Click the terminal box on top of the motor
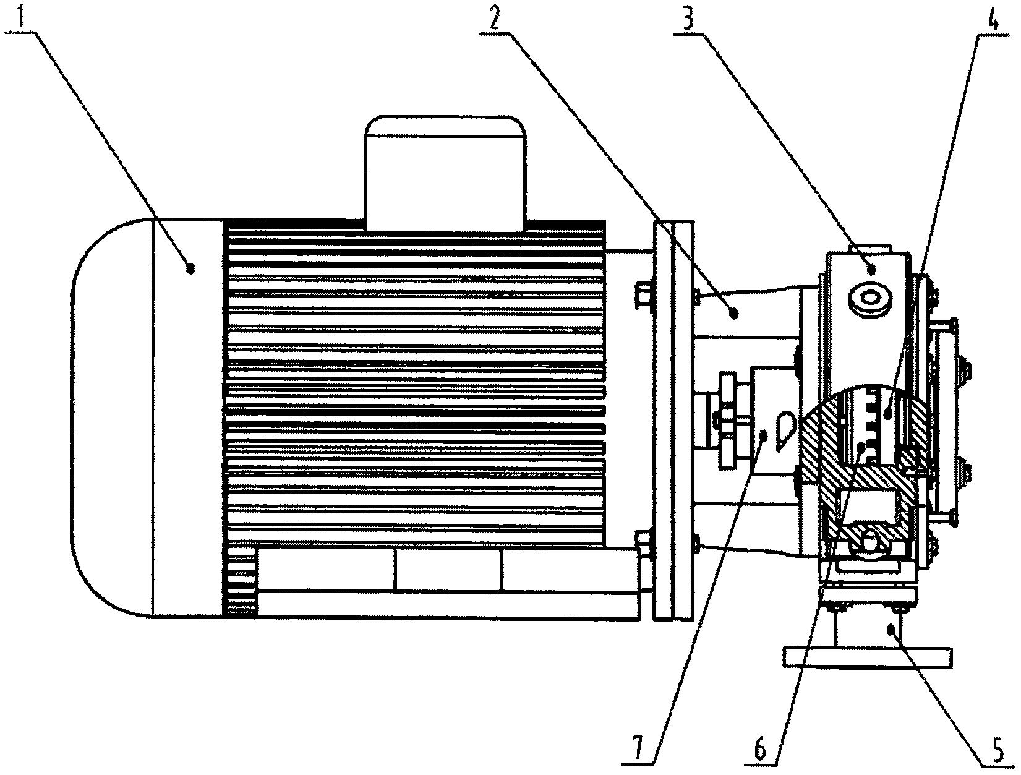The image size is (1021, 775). pyautogui.click(x=446, y=173)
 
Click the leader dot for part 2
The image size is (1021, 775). pyautogui.click(x=735, y=314)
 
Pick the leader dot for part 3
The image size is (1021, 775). pyautogui.click(x=872, y=269)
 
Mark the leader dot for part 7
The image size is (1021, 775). pyautogui.click(x=763, y=434)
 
